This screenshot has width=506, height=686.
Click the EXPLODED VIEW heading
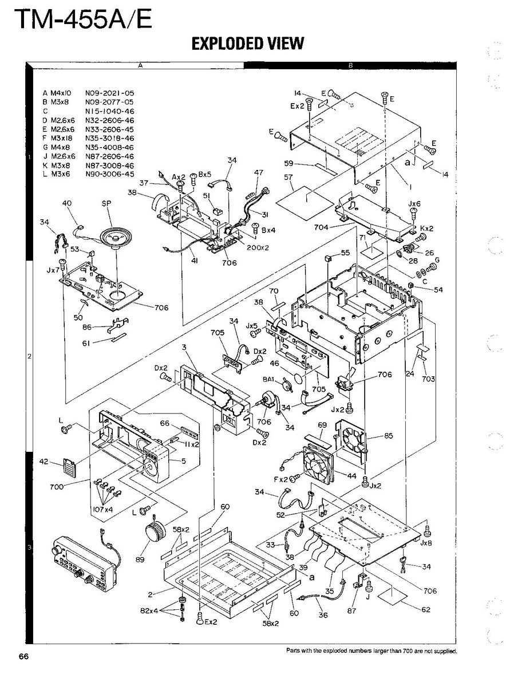pos(247,44)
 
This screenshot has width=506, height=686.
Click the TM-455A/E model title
pos(83,19)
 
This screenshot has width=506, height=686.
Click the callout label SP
pos(106,203)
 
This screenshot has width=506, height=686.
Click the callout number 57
pos(289,178)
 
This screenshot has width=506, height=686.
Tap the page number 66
pos(23,657)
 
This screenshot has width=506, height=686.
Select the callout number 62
pos(425,610)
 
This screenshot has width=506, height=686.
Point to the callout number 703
pos(428,380)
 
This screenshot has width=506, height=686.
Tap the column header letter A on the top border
pos(139,66)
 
